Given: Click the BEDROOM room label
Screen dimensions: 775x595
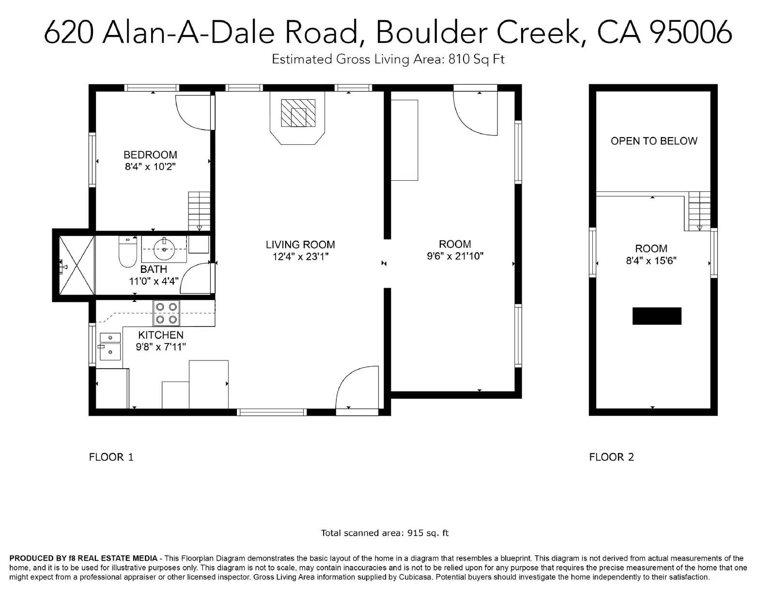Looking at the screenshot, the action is point(150,155).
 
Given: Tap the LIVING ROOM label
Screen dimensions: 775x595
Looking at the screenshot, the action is point(300,244).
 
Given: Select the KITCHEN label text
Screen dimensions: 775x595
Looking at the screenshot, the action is point(161,335).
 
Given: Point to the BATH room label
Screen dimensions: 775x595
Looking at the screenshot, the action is point(154,269).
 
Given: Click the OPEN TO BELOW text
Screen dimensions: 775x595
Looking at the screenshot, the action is point(654,141).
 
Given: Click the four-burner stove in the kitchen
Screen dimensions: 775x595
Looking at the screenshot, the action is point(167,313).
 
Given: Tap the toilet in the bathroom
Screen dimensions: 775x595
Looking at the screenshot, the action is point(127,251).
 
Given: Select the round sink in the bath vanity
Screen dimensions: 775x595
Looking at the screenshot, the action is point(164,249).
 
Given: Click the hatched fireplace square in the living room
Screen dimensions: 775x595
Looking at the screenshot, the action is point(298,113).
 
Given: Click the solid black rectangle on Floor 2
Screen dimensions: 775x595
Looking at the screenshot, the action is point(657,316).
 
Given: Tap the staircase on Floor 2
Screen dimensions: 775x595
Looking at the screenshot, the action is point(699,211).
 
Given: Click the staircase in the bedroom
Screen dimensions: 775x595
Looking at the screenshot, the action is point(199,211).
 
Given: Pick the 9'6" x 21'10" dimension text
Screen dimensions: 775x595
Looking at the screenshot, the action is point(455,256).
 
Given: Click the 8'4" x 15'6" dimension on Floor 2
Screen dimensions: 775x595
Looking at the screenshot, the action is point(651,260).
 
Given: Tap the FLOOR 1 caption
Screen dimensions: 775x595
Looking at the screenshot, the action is point(111,457).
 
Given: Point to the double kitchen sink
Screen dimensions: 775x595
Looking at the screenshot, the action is point(110,346).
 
